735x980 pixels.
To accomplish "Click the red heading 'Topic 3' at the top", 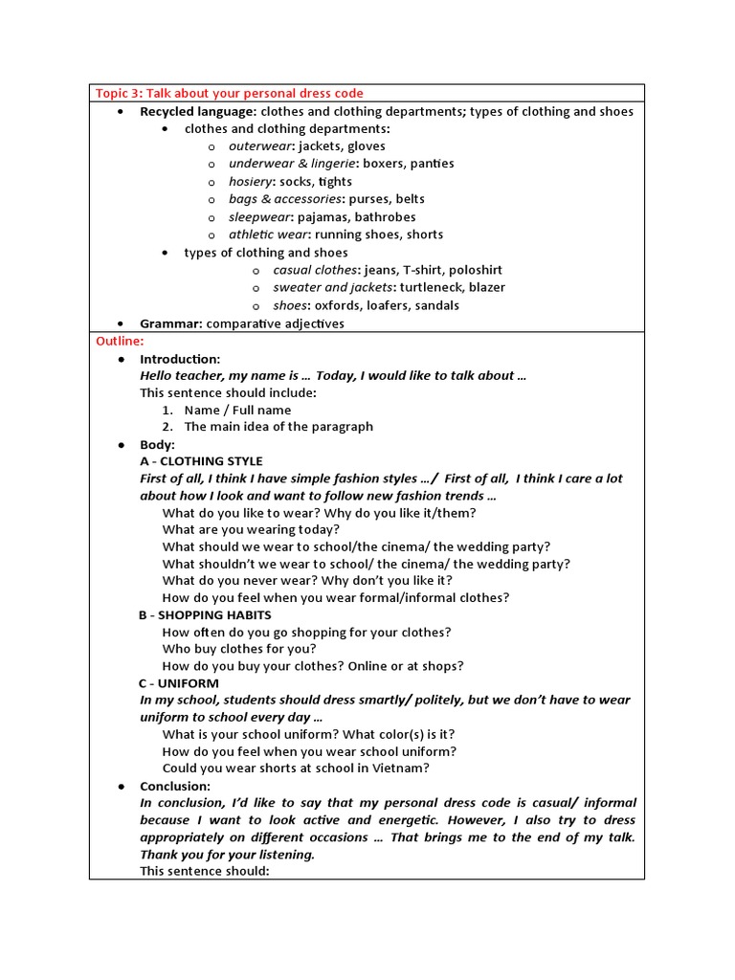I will [229, 93].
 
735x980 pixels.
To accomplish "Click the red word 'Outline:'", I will [120, 341].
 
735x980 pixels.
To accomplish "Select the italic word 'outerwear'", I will [260, 146].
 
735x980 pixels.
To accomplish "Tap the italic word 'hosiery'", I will [251, 182].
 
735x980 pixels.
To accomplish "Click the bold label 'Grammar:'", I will [170, 323].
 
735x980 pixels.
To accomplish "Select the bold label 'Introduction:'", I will [180, 359].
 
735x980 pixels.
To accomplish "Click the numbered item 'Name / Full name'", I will [237, 410].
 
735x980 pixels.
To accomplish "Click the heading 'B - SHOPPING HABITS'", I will [205, 615].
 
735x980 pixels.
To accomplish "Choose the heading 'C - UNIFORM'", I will [179, 683].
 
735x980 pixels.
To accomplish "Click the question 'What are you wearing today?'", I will [251, 529].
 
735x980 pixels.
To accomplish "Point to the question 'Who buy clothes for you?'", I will [239, 649].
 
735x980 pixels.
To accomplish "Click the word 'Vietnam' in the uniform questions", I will [402, 768].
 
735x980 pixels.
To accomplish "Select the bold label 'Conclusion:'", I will [175, 786].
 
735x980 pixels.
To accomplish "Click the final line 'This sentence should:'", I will [205, 871].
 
